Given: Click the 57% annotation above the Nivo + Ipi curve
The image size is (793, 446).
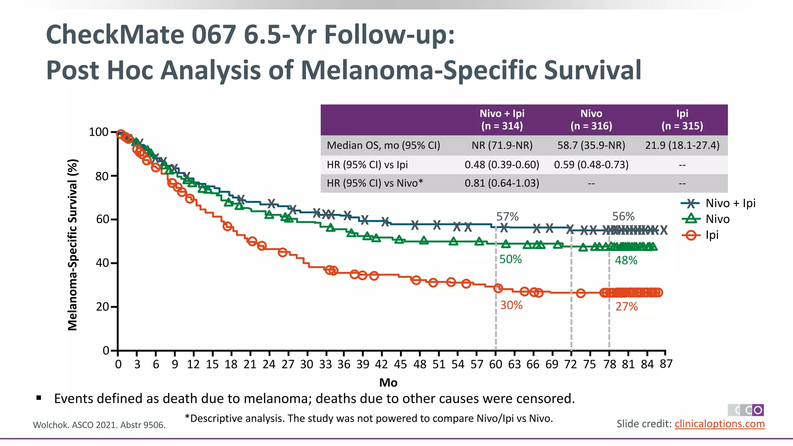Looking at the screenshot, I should [507, 216].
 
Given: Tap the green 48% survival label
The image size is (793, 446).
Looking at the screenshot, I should [626, 260].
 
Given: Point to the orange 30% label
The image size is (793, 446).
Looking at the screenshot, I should [511, 305].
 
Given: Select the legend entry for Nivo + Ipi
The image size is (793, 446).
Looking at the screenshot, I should [730, 203].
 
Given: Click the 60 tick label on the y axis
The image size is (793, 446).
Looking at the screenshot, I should [102, 220].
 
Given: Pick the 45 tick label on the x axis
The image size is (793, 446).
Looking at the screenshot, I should [400, 364].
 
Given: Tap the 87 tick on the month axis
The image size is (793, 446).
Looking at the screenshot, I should [666, 364].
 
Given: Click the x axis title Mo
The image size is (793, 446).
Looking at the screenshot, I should [388, 383].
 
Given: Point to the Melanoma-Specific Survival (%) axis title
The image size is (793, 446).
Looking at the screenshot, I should [72, 245].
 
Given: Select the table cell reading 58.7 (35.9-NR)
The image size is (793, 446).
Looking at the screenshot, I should [591, 145].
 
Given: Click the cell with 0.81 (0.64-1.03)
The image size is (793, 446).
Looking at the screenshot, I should [502, 183].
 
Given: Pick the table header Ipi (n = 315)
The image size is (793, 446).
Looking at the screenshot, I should [682, 119].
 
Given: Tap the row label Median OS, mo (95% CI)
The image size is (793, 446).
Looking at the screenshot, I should [383, 145].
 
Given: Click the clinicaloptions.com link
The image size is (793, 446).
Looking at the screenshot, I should [719, 424].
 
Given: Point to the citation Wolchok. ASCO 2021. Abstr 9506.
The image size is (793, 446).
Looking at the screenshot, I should [99, 425].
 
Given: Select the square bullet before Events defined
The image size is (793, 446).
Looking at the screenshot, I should [39, 398].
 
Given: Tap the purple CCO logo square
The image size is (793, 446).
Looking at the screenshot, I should [758, 410].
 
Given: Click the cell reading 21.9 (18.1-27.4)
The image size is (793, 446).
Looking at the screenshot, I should [682, 145].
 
